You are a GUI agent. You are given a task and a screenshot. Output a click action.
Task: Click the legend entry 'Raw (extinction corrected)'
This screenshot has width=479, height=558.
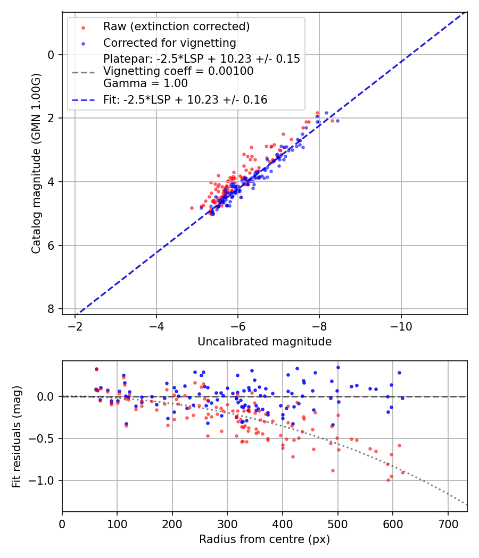click(x=176, y=27)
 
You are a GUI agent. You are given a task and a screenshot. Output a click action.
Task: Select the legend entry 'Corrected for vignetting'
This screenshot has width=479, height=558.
click(x=169, y=43)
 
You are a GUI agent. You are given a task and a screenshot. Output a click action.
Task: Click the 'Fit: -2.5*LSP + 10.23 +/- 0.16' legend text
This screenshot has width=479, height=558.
click(x=185, y=99)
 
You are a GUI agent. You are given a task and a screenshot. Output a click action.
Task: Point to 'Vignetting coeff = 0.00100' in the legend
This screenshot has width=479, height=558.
click(x=178, y=71)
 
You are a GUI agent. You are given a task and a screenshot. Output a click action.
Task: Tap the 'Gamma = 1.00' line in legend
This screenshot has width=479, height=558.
click(x=145, y=83)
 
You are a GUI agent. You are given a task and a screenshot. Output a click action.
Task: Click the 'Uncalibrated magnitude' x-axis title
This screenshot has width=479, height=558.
click(x=265, y=342)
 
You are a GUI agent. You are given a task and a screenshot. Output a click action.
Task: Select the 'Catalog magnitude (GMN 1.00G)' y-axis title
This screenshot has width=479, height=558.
click(x=36, y=163)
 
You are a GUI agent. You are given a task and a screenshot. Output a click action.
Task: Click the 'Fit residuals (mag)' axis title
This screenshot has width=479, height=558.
click(x=16, y=436)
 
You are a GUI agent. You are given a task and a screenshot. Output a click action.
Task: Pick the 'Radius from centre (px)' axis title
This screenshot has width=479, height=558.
click(x=265, y=539)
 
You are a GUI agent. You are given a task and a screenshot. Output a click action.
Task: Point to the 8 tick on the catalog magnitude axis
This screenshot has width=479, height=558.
click(x=51, y=309)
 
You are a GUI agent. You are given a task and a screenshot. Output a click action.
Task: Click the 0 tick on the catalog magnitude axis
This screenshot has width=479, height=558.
click(x=51, y=55)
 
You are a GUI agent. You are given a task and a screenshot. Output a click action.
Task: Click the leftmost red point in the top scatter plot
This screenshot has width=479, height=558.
click(x=192, y=208)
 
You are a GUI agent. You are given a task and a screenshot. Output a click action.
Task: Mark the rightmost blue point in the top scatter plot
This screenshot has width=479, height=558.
click(x=337, y=121)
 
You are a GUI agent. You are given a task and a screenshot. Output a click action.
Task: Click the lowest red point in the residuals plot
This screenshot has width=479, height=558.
click(x=388, y=480)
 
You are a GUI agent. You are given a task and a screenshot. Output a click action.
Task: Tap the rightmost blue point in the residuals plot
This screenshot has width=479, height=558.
click(x=402, y=398)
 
